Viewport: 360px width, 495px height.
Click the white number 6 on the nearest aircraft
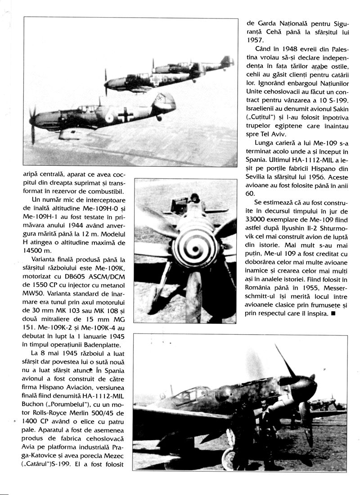pyautogui.click(x=110, y=117)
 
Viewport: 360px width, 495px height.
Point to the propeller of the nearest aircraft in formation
pyautogui.click(x=32, y=124)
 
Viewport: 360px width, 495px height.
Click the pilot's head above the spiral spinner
pyautogui.click(x=194, y=198)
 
